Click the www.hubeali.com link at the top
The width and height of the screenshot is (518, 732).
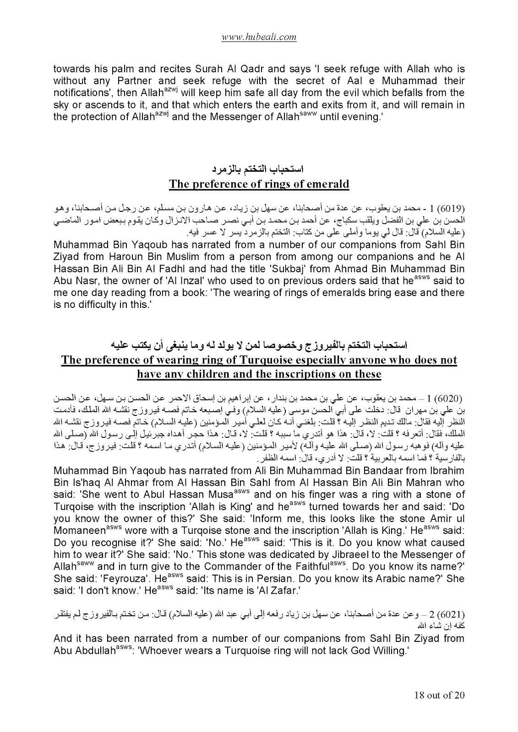259,38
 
